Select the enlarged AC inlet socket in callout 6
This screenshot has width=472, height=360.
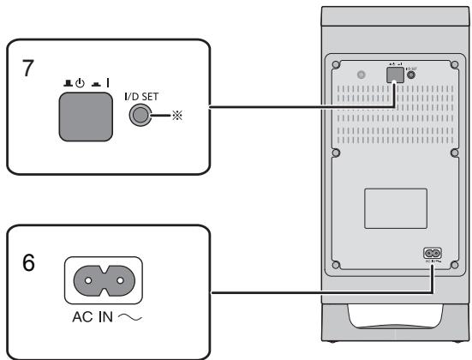[102, 279]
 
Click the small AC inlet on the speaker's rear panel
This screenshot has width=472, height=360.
[432, 255]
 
